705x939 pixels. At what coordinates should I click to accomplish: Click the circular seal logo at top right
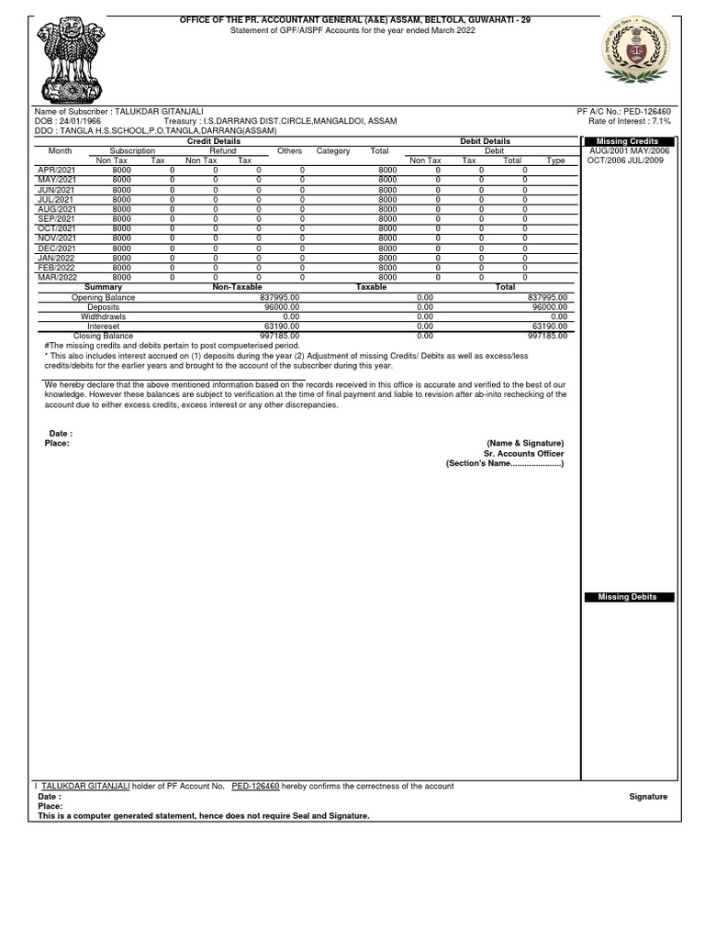[636, 52]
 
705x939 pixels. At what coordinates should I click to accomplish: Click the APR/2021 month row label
[56, 171]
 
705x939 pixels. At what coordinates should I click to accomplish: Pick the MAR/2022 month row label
[57, 277]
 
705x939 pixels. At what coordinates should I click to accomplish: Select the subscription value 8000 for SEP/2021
[122, 219]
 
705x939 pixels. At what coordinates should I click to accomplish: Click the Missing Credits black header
[629, 141]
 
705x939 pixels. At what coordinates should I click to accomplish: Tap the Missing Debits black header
[629, 597]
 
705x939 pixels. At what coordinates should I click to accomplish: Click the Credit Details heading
[214, 141]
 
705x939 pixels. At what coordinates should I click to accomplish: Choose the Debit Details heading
[485, 141]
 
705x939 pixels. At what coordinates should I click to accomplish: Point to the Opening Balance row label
[103, 298]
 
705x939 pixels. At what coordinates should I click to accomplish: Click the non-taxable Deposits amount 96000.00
[282, 307]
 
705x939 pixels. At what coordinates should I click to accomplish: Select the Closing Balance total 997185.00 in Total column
[548, 336]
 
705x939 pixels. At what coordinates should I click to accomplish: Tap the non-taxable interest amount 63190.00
[282, 326]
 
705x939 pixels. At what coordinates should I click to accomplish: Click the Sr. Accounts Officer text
[523, 453]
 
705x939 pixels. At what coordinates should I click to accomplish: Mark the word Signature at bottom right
[648, 797]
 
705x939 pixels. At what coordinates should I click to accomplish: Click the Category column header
[333, 150]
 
